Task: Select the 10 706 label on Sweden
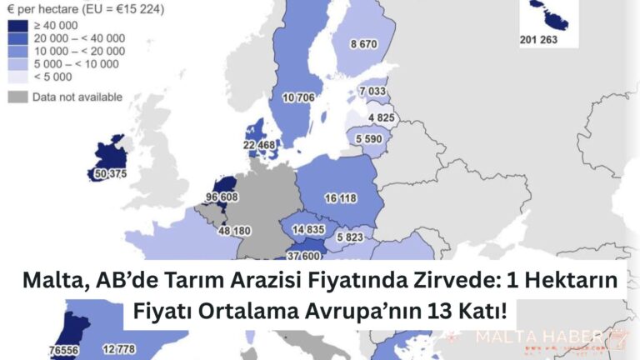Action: (x=300, y=98)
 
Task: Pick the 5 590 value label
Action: (x=369, y=138)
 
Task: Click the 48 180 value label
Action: (x=210, y=231)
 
